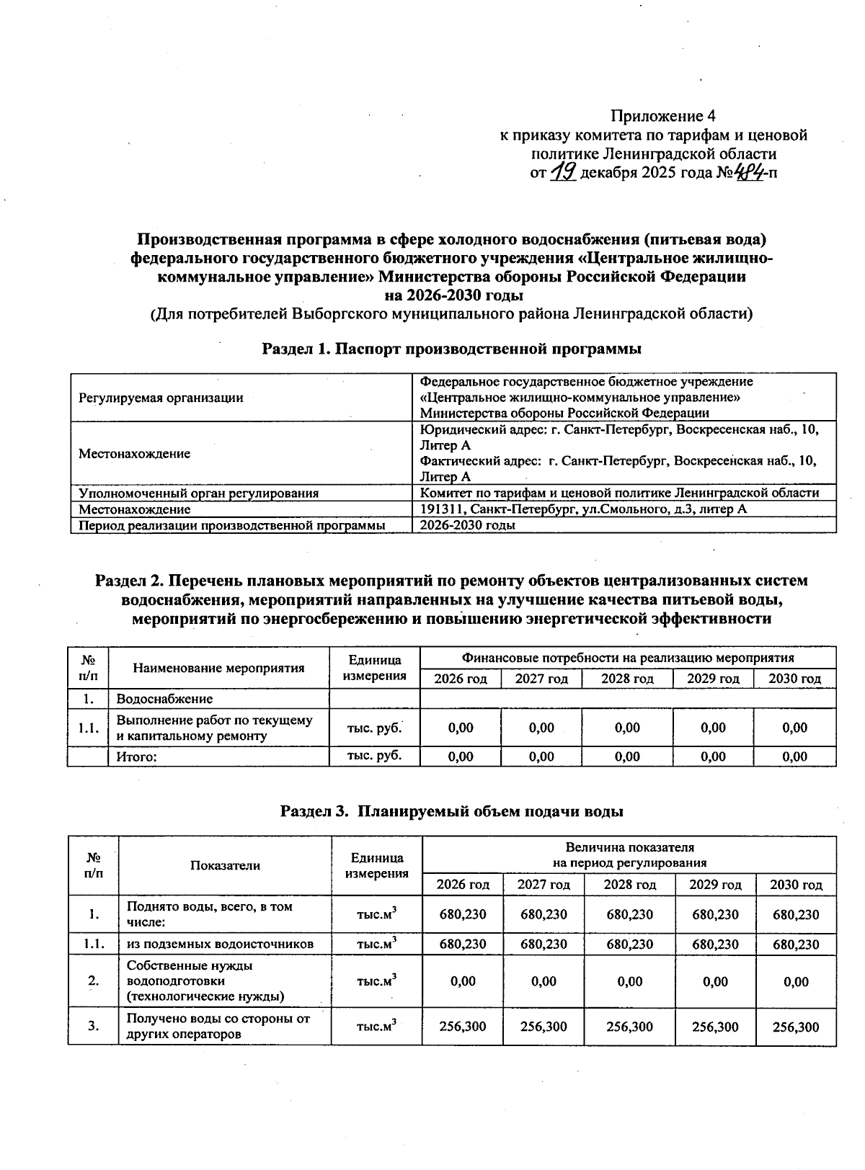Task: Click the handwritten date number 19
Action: point(563,172)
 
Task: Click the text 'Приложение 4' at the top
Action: point(662,116)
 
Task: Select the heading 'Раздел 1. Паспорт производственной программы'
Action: point(451,349)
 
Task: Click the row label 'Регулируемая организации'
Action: point(161,398)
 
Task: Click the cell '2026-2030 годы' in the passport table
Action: point(468,525)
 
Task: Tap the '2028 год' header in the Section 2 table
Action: point(627,679)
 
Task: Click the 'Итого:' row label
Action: point(137,756)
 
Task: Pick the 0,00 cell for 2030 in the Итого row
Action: point(794,756)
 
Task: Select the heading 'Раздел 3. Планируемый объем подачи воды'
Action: point(451,811)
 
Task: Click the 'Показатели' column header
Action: point(225,866)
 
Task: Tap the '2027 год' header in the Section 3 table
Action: point(544,885)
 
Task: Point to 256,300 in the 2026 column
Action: point(463,1027)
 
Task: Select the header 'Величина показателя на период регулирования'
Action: point(629,855)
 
